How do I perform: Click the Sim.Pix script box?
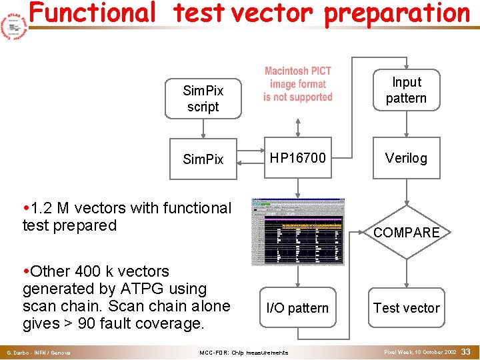(x=203, y=99)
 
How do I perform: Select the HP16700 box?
(x=298, y=158)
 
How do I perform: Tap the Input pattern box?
(x=406, y=90)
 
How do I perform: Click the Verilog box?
(x=406, y=158)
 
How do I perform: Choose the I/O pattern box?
(x=297, y=308)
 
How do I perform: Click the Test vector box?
(x=406, y=308)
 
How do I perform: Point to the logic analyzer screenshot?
(x=297, y=232)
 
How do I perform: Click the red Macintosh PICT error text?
(x=297, y=84)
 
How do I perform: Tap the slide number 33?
(x=467, y=351)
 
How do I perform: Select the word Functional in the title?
(x=92, y=13)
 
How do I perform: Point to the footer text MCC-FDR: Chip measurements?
(x=244, y=352)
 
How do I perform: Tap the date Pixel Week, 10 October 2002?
(x=420, y=351)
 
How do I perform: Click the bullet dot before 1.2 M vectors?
(x=25, y=209)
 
